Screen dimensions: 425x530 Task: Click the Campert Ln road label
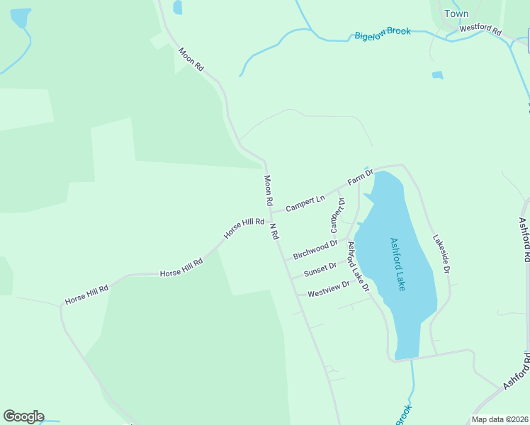305,203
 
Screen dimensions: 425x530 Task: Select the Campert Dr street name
337,215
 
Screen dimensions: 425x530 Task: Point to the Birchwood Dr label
315,249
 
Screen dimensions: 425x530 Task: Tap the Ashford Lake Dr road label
358,266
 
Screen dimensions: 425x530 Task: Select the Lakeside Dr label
441,255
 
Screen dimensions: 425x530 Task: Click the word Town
456,13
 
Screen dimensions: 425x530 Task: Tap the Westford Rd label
480,30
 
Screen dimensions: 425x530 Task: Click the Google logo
23,416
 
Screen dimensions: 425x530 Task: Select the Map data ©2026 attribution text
500,419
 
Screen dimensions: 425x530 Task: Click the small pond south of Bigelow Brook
437,74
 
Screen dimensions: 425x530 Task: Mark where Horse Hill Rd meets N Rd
271,217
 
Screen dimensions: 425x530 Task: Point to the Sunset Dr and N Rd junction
290,278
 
